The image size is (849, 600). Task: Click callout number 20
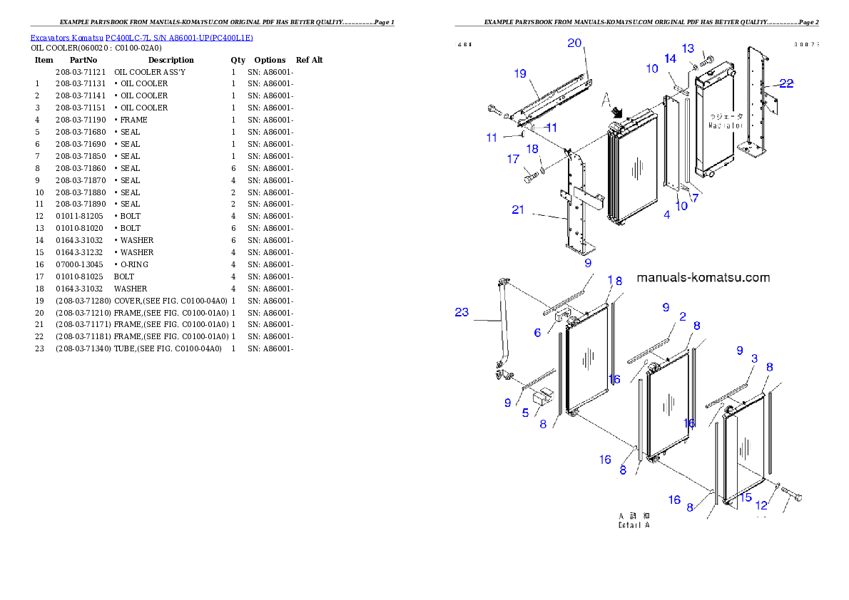coord(574,43)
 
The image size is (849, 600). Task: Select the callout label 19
coord(519,73)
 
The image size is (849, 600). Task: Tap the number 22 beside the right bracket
coord(786,83)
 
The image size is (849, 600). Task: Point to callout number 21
coord(518,210)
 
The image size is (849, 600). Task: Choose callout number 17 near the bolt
coord(513,160)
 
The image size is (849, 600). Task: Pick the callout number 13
coord(688,48)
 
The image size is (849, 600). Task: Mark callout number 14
coord(670,58)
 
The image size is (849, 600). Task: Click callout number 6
coord(537,333)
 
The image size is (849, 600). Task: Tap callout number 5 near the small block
coord(525,413)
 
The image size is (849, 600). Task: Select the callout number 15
coord(746,497)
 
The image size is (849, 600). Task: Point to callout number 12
coord(761,505)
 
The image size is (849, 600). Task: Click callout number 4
coord(666,214)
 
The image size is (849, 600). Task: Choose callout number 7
coord(694,197)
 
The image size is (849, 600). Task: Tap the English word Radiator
coord(726,125)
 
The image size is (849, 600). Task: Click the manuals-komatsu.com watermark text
coord(703,277)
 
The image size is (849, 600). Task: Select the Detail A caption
coord(634,525)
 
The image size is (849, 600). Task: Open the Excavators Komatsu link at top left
coord(141,37)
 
